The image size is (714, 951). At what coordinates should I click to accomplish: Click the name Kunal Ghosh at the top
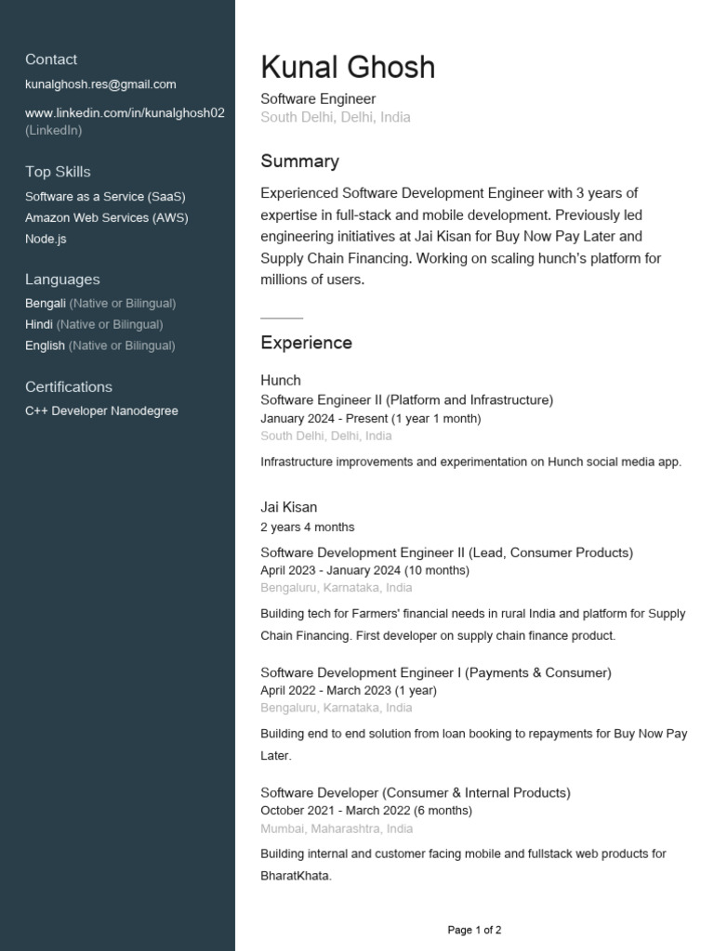pos(348,68)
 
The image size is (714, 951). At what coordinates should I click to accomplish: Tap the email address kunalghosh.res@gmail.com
pos(100,85)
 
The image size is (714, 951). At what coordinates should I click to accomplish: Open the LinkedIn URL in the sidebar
pos(125,113)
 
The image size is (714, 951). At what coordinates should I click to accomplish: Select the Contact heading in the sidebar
pos(51,59)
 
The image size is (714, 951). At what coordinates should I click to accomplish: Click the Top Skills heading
pos(58,172)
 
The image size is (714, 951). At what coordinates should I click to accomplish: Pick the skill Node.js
pos(46,239)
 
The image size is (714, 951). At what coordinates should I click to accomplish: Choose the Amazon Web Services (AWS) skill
pos(106,217)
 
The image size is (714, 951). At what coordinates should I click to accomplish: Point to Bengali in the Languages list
pos(46,303)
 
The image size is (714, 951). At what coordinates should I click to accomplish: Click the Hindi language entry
pos(39,324)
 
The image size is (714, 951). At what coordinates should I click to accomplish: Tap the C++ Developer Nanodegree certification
pos(101,410)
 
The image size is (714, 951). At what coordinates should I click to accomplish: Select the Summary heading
pos(299,162)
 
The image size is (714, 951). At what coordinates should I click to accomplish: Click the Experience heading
pos(306,343)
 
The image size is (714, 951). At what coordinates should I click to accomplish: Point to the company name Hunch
pos(280,380)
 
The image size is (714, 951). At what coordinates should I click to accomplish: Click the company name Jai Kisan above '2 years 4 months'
pos(288,507)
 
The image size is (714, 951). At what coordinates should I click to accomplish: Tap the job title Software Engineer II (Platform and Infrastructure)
pos(406,399)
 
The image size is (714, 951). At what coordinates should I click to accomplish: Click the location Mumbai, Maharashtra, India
pos(337,828)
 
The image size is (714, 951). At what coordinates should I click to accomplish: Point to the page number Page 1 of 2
pos(474,930)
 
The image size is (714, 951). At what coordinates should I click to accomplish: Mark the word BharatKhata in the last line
pos(296,876)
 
